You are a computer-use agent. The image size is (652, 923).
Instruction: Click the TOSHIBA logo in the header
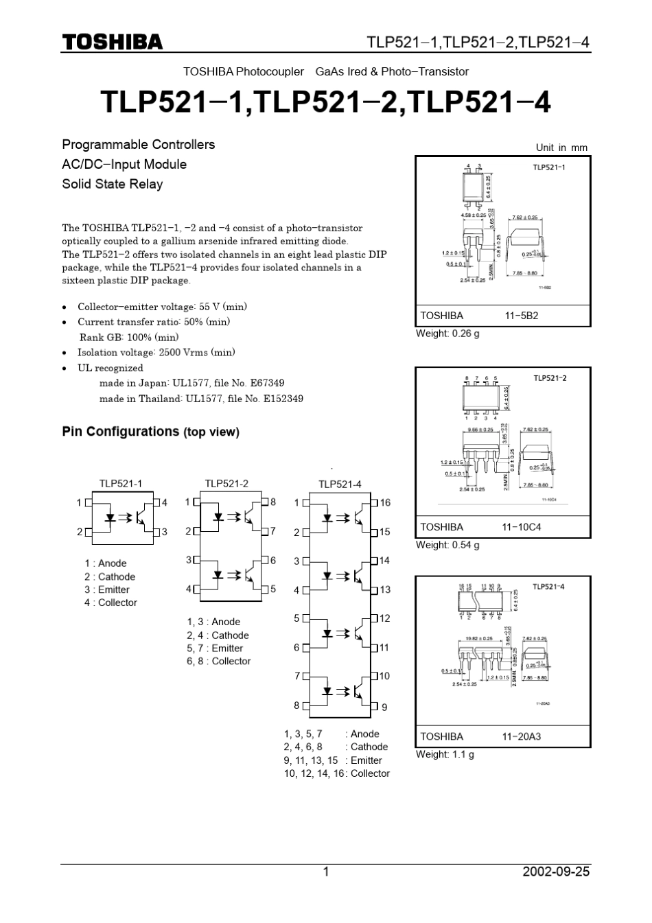click(112, 42)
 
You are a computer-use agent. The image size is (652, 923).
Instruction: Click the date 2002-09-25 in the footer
click(555, 872)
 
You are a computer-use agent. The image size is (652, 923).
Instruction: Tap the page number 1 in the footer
click(326, 872)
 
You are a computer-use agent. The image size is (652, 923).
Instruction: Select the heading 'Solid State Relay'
click(113, 184)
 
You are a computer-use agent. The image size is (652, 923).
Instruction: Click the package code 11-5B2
click(522, 316)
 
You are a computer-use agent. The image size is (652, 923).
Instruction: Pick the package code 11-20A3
click(522, 736)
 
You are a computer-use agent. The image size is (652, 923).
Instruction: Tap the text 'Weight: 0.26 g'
click(447, 334)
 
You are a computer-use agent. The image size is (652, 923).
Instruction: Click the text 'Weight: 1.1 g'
click(445, 754)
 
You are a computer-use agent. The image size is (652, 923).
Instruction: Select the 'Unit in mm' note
click(561, 148)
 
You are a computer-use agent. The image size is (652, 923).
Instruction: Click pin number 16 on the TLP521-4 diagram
click(385, 503)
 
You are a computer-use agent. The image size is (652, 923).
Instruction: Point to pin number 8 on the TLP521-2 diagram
click(272, 502)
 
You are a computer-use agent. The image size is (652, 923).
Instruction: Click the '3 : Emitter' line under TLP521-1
click(107, 589)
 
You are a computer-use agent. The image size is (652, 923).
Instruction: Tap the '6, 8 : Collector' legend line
click(218, 661)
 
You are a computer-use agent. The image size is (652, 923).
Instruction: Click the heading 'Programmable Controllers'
click(139, 144)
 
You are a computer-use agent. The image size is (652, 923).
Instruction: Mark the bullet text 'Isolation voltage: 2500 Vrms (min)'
click(156, 353)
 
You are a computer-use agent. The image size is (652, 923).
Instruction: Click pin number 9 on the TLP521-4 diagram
click(384, 707)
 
